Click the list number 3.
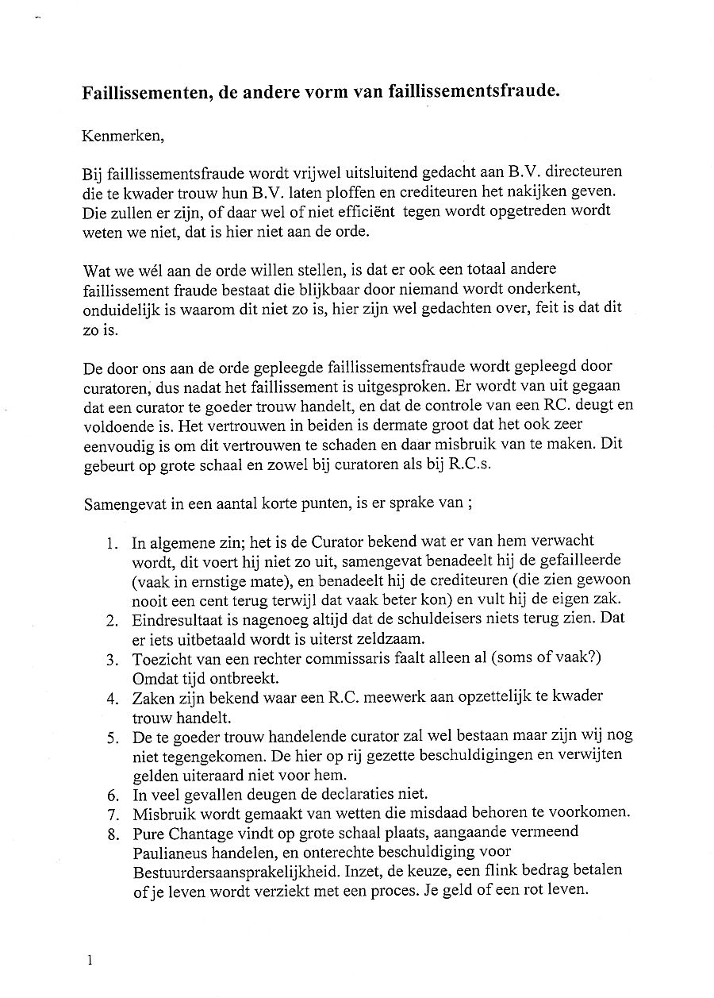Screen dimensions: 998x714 [112, 660]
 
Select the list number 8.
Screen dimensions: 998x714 [112, 834]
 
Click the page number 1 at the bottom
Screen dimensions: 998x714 [89, 961]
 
